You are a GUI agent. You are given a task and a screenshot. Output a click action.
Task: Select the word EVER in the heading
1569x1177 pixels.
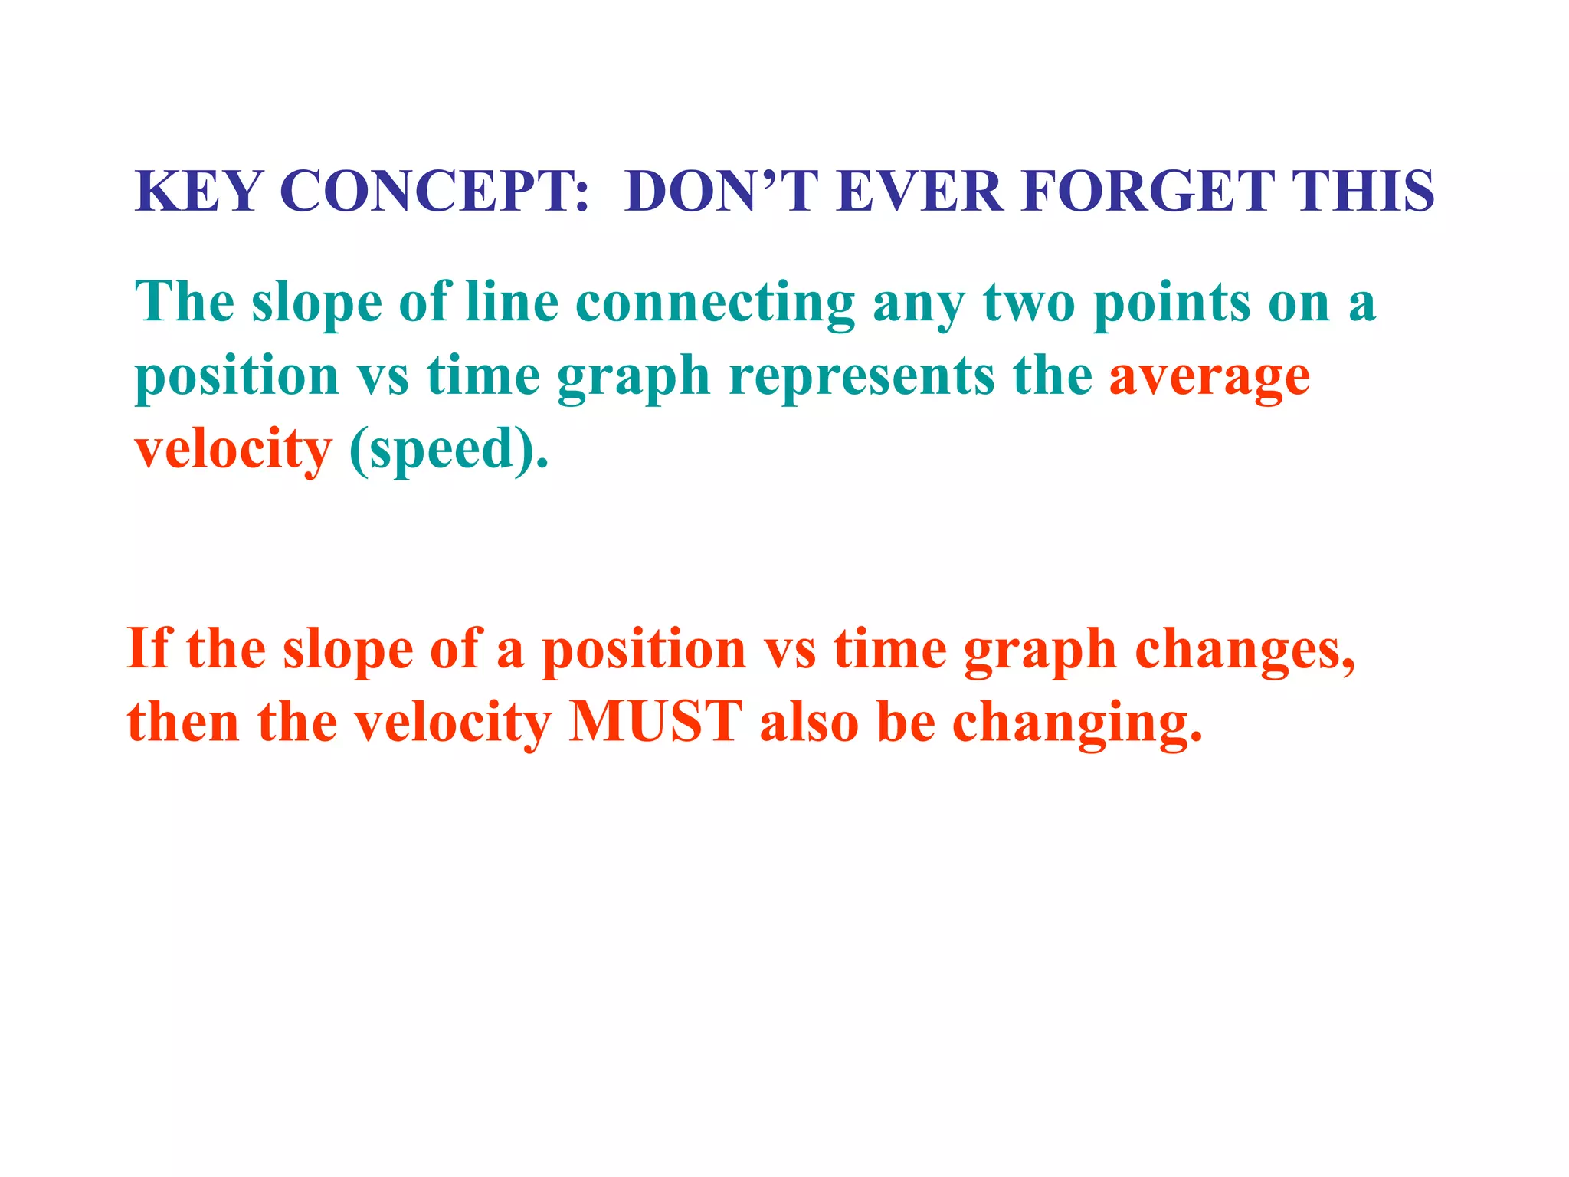click(x=919, y=191)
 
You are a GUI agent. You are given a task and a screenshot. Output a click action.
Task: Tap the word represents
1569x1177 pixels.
click(x=862, y=377)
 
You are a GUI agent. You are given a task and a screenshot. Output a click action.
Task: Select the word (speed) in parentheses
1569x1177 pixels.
click(x=448, y=450)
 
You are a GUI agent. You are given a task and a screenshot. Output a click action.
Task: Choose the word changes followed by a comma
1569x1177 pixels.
click(x=1243, y=650)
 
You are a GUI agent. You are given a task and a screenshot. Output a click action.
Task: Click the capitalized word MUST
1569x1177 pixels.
click(x=655, y=722)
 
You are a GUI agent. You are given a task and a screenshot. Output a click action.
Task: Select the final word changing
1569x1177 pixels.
click(x=1076, y=723)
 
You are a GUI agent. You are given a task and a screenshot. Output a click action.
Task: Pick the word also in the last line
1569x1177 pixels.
click(x=809, y=722)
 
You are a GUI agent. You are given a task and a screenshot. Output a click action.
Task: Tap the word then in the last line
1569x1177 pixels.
click(x=184, y=722)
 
